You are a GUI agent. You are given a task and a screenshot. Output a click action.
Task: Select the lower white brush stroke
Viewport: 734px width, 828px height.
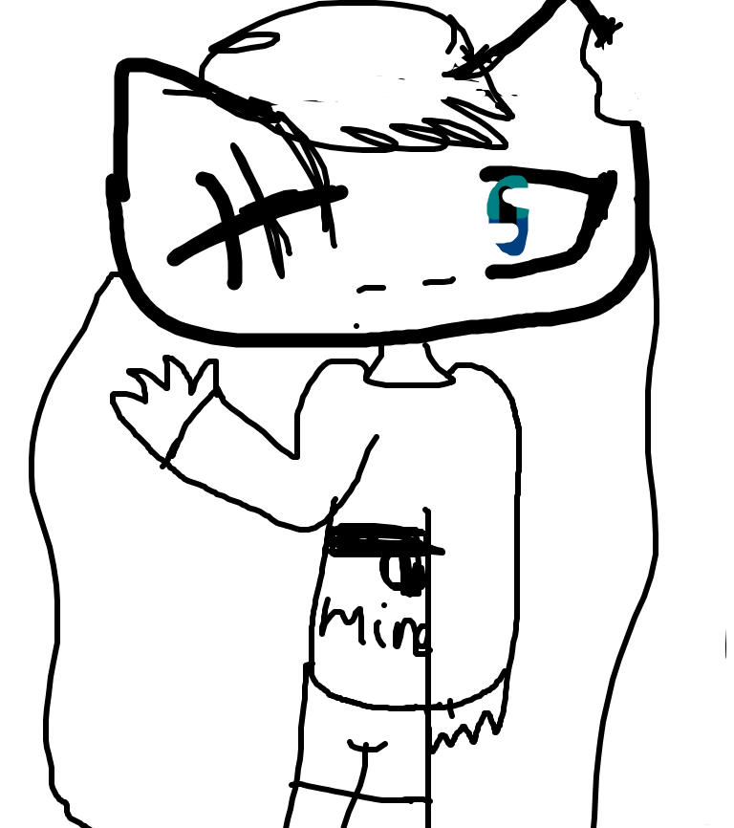click(x=493, y=232)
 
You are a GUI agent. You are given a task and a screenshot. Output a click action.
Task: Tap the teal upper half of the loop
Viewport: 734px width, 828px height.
click(x=507, y=184)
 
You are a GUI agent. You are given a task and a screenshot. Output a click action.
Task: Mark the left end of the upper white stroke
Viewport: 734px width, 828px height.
click(x=507, y=196)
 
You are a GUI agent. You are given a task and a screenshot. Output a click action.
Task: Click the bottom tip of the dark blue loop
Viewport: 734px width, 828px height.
click(x=513, y=253)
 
